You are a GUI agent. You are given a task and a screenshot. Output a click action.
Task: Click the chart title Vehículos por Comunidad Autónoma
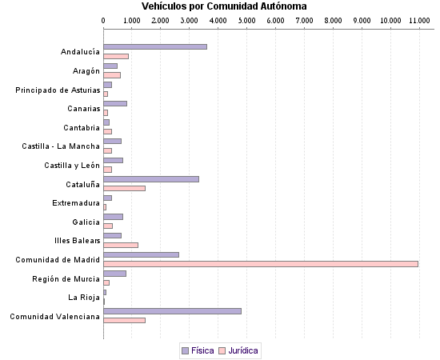pyautogui.click(x=223, y=6)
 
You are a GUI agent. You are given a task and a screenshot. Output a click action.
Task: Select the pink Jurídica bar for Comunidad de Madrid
pyautogui.click(x=261, y=264)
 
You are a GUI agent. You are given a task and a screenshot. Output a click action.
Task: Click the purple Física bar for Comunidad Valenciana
pyautogui.click(x=172, y=311)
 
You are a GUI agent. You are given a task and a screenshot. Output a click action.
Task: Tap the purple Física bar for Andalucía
pyautogui.click(x=155, y=47)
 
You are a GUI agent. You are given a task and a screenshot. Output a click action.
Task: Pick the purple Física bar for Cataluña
pyautogui.click(x=151, y=179)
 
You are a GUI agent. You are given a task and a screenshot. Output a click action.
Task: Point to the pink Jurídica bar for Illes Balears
pyautogui.click(x=121, y=245)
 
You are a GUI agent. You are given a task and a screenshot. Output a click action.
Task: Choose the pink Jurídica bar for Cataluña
pyautogui.click(x=124, y=188)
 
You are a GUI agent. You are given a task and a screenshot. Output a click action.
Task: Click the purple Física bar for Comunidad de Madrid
pyautogui.click(x=141, y=254)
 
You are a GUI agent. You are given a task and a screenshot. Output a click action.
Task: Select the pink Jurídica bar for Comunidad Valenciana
pyautogui.click(x=124, y=320)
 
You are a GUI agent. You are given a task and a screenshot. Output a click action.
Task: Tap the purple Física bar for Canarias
pyautogui.click(x=115, y=103)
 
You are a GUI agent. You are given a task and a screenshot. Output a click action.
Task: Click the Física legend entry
pyautogui.click(x=198, y=350)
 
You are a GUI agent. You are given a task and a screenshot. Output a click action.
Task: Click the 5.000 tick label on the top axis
pyautogui.click(x=247, y=19)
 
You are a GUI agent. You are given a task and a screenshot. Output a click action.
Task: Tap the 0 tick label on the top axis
pyautogui.click(x=104, y=19)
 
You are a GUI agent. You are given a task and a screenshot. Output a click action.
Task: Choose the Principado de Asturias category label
pyautogui.click(x=58, y=90)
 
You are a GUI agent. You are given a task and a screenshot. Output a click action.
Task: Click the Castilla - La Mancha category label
pyautogui.click(x=61, y=146)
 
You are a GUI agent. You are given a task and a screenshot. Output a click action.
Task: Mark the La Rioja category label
pyautogui.click(x=84, y=298)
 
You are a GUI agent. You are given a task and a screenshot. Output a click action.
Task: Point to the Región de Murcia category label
pyautogui.click(x=66, y=278)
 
